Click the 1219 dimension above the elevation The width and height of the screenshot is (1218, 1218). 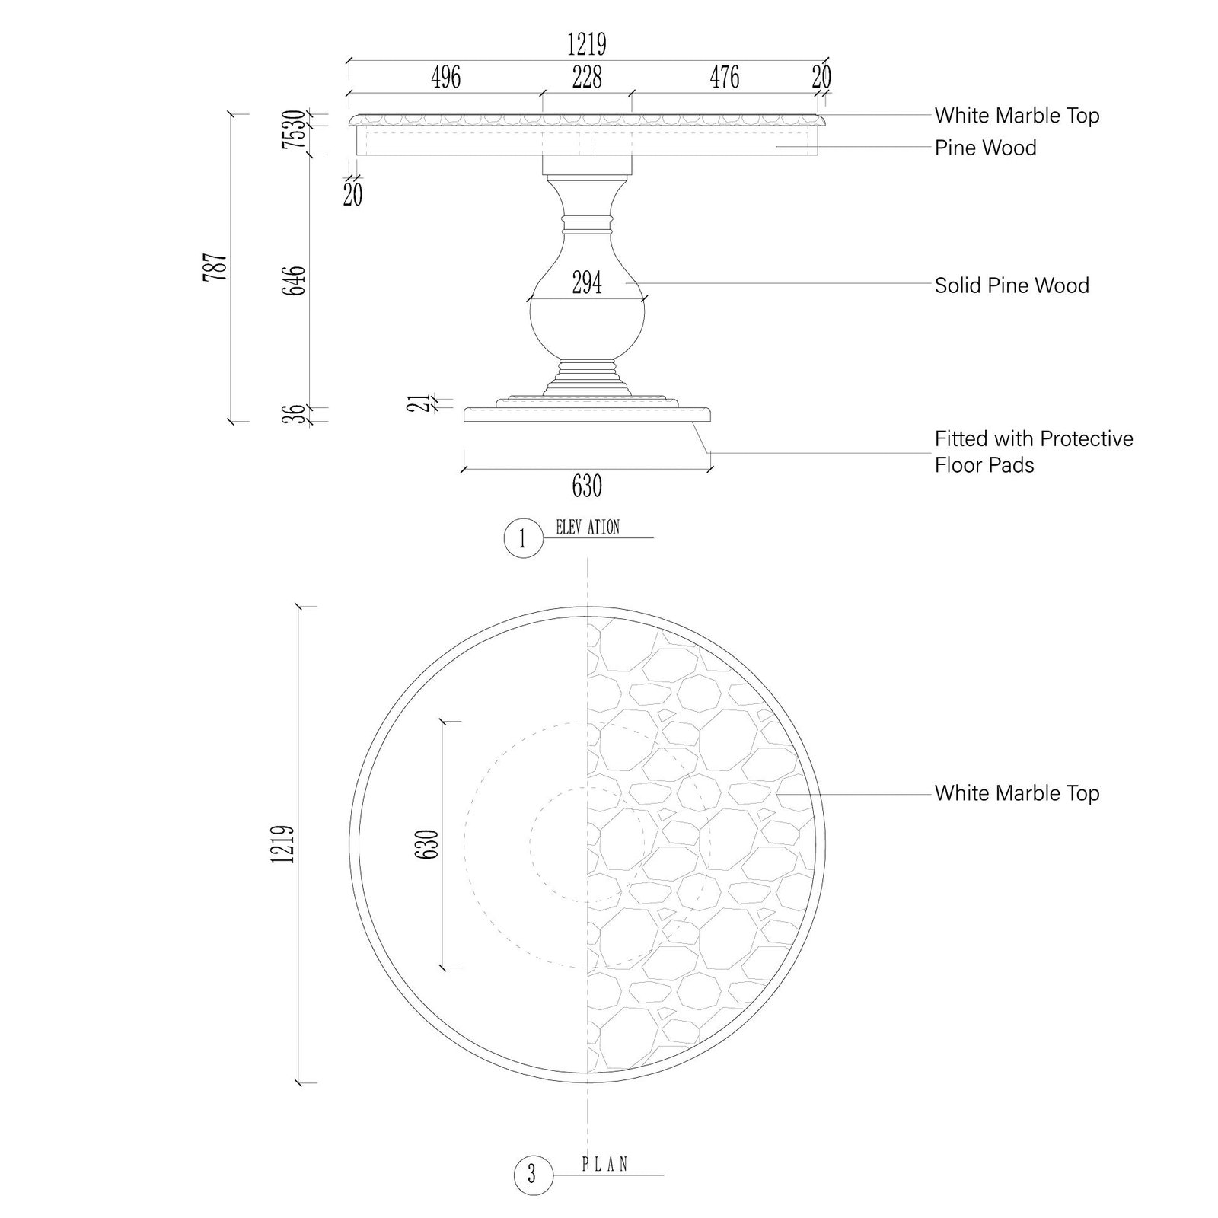click(587, 45)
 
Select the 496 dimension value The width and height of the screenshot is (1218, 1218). click(446, 77)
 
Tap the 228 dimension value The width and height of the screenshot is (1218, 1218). click(587, 77)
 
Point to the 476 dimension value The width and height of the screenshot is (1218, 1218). click(725, 77)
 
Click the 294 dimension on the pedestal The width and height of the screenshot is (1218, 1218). click(587, 283)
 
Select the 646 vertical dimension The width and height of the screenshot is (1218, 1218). click(293, 281)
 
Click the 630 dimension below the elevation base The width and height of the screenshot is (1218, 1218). click(587, 486)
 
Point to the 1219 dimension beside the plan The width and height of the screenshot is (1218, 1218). click(282, 844)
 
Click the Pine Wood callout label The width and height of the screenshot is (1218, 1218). click(986, 148)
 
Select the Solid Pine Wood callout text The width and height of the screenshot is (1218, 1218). click(1012, 285)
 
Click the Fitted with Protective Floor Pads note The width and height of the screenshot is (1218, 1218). click(1034, 451)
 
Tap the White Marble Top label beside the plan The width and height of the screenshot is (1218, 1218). click(1017, 793)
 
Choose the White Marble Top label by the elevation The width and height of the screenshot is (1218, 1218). click(1017, 116)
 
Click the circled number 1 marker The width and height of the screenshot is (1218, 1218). click(523, 539)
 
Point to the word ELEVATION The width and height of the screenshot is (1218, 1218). click(588, 527)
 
